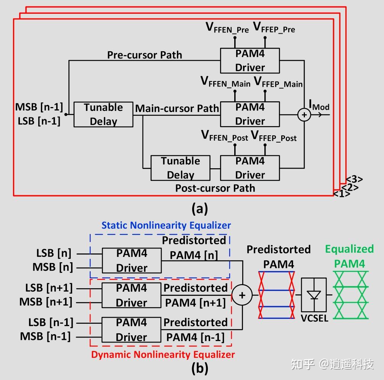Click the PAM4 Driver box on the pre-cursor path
[x=250, y=60]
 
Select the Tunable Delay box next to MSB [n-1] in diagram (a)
[x=103, y=114]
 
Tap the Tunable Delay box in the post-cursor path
[x=180, y=168]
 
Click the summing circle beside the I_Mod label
[x=304, y=115]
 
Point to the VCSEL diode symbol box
[x=314, y=295]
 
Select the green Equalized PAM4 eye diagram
[x=349, y=294]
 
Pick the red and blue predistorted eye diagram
[x=276, y=294]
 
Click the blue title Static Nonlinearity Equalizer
[x=166, y=225]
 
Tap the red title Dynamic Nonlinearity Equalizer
[x=163, y=354]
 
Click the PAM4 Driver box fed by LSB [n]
[x=131, y=260]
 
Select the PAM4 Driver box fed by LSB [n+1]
[x=131, y=295]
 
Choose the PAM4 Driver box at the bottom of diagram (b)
[x=131, y=330]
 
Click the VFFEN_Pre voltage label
[x=227, y=28]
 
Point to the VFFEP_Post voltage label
[x=274, y=136]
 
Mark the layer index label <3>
[x=354, y=179]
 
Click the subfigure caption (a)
[x=199, y=209]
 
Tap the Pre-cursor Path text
[x=144, y=55]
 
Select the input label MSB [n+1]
[x=46, y=302]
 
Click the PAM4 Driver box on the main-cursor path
[x=250, y=114]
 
